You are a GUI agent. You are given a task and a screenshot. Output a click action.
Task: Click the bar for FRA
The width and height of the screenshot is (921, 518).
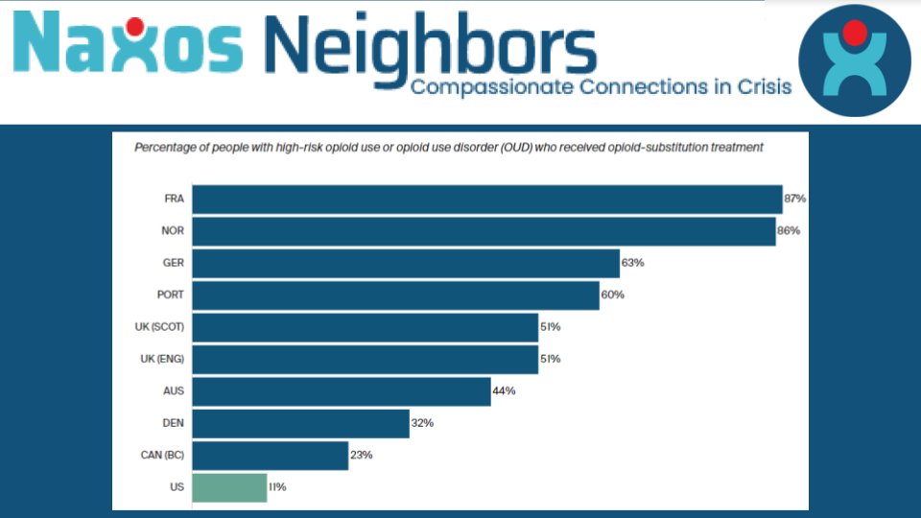pos(487,199)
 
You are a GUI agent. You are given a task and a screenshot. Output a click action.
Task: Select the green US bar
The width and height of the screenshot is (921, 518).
pos(229,487)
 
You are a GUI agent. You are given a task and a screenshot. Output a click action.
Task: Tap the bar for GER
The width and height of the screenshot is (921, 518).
pos(406,263)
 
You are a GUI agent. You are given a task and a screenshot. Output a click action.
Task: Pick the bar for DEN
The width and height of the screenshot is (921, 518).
pos(300,423)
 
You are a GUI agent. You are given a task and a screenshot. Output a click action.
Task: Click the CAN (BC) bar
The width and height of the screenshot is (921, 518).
pos(270,456)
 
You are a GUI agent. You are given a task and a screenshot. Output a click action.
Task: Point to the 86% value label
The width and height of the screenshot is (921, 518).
pos(789,231)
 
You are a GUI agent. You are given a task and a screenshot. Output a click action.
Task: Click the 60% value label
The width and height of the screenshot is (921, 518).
pos(612,294)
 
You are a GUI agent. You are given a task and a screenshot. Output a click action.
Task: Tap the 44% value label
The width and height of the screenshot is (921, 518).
pos(504,391)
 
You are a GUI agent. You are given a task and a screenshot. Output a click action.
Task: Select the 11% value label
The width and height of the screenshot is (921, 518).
pos(277,487)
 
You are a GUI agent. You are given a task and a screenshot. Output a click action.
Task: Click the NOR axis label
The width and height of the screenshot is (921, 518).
pos(174,231)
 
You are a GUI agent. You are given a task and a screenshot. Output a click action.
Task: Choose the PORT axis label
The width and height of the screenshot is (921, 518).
pos(170,294)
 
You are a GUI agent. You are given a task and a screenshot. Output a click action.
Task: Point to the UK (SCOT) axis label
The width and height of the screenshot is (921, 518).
pos(158,327)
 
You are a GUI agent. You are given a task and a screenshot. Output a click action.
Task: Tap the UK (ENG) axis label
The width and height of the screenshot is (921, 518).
pos(160,359)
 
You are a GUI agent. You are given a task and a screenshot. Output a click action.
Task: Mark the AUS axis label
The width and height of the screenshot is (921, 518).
pos(174,391)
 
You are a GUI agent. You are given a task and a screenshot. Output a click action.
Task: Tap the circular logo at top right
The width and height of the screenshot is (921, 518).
pos(854,59)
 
